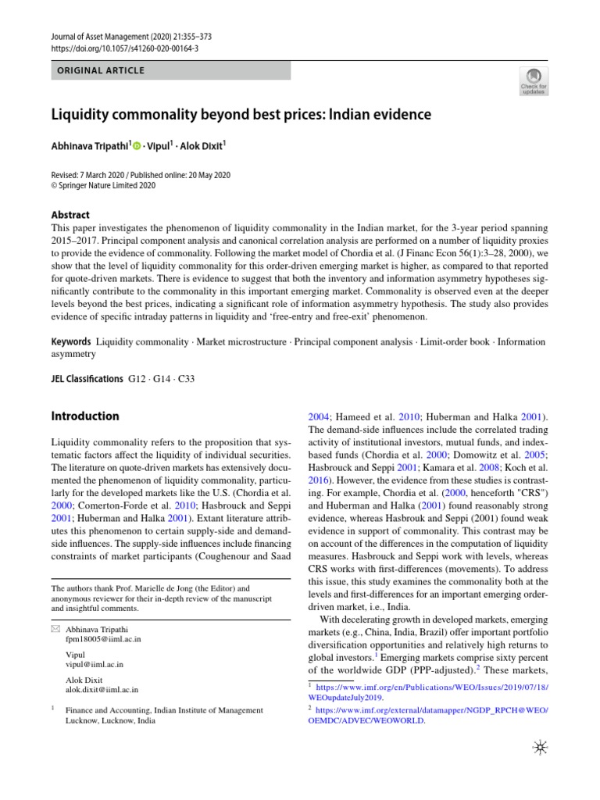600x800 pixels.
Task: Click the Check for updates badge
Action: point(534,80)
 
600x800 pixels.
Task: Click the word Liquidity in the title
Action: point(84,116)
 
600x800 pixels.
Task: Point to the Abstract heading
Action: point(70,215)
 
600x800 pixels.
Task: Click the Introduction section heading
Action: point(84,416)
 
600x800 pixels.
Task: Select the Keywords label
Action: point(70,342)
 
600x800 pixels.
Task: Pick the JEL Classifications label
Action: point(86,378)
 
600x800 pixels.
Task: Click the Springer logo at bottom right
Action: point(540,748)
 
